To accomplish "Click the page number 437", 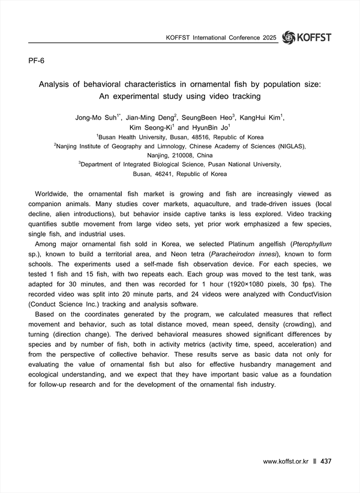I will pos(326,461).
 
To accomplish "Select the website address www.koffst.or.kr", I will pos(285,461).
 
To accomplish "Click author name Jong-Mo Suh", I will pos(97,118).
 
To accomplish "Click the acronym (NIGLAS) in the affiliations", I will pos(287,146).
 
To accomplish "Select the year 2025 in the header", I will pos(268,38).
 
